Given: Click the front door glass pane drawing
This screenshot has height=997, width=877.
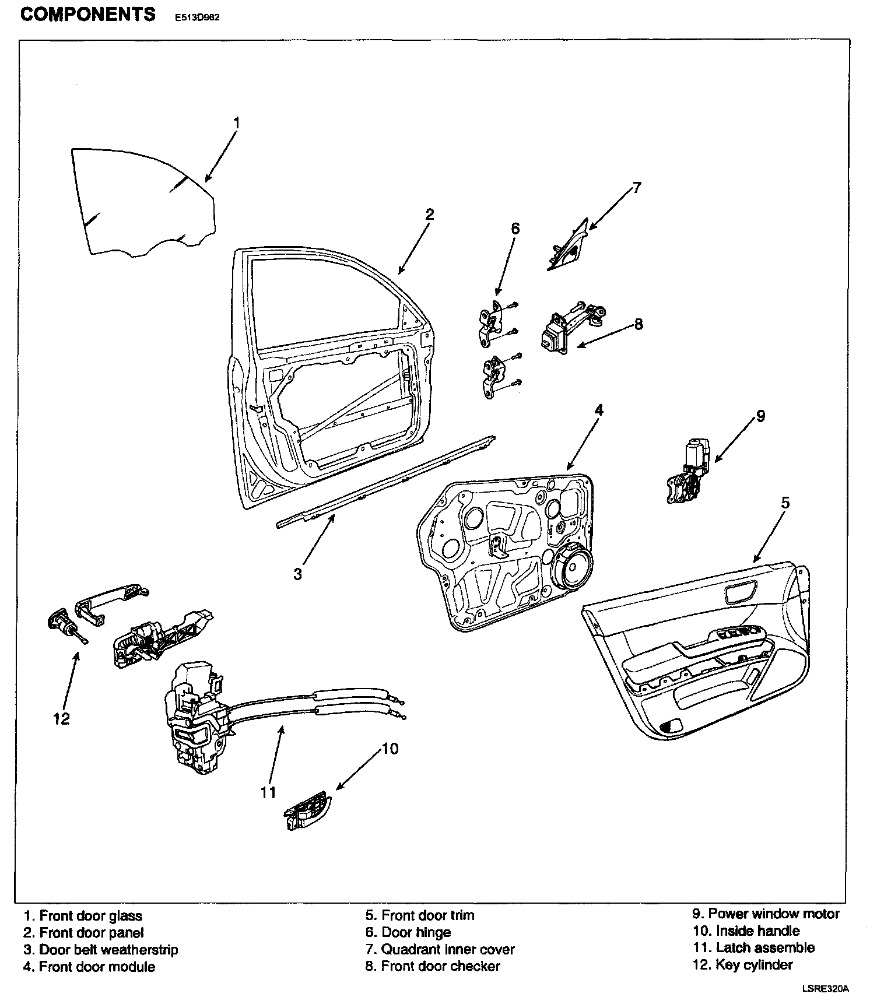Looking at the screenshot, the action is [143, 202].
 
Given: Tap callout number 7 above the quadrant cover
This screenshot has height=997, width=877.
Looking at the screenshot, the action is [636, 188].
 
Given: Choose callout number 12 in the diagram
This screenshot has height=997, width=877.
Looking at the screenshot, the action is [61, 718].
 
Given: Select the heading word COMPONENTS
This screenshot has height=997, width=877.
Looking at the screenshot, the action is [88, 14].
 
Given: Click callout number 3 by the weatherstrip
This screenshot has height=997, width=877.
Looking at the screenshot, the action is [297, 574].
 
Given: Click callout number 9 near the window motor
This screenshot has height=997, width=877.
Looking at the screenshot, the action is [760, 416].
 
